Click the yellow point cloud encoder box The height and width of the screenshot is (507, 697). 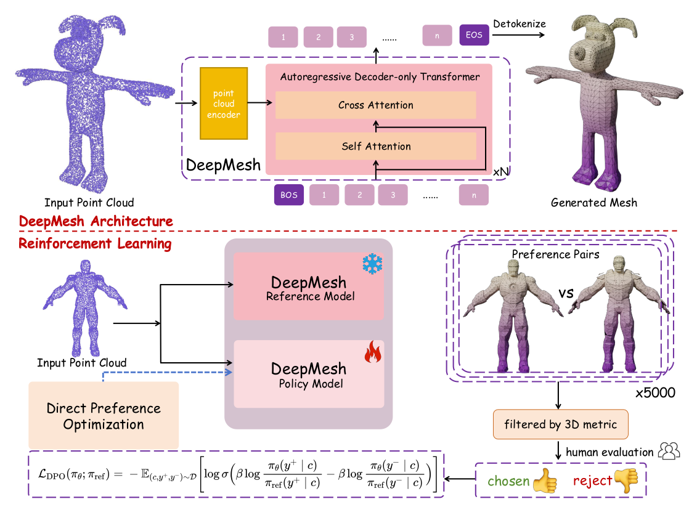click(x=224, y=104)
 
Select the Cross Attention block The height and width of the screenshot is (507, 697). click(x=375, y=105)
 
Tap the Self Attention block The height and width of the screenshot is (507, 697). click(x=375, y=146)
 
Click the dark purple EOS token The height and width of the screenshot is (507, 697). click(x=473, y=35)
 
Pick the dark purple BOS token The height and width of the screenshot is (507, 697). click(x=288, y=195)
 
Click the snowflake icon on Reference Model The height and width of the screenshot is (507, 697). click(x=372, y=264)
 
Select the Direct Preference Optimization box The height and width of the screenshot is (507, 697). click(x=104, y=416)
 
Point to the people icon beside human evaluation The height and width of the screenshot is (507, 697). click(x=669, y=452)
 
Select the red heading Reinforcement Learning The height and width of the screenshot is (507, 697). click(x=95, y=243)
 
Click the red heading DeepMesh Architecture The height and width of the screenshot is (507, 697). click(x=96, y=221)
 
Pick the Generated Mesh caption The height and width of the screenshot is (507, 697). click(x=593, y=202)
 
